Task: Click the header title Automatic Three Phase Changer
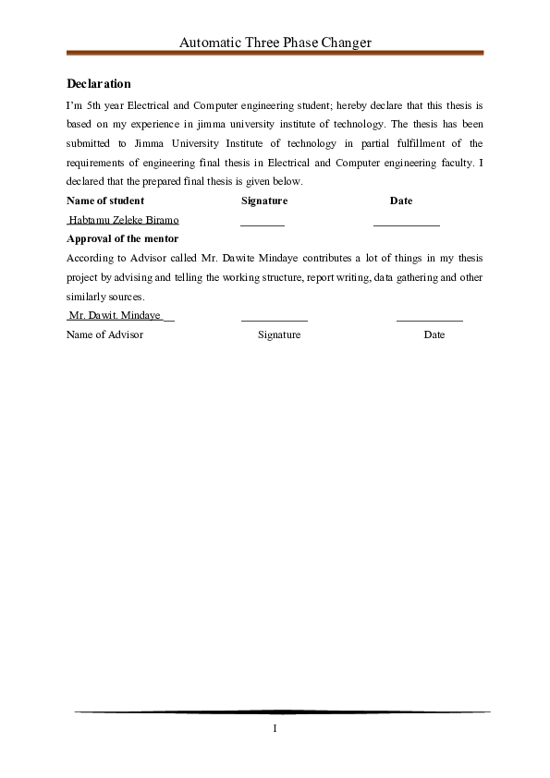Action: (x=275, y=42)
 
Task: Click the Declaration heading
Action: (x=99, y=84)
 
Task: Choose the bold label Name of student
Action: (x=105, y=201)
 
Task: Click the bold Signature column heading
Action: (x=264, y=201)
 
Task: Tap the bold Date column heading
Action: (x=401, y=201)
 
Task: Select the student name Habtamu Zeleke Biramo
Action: (x=124, y=220)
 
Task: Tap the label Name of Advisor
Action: (x=104, y=334)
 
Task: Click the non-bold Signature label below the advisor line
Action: (x=279, y=334)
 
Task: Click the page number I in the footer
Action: (x=275, y=728)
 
